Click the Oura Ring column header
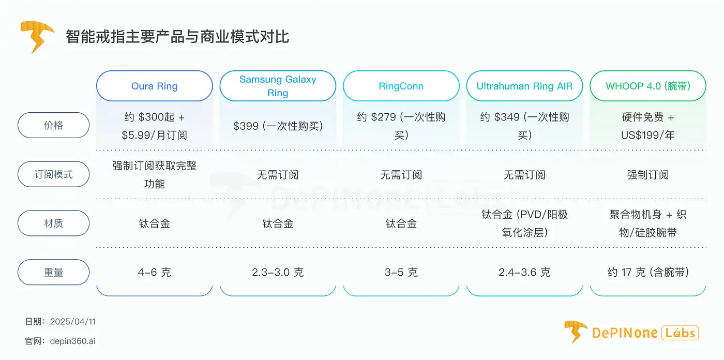pos(154,86)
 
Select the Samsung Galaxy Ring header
pos(278,86)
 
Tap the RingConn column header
pos(401,86)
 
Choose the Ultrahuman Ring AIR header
pos(524,86)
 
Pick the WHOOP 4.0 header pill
pos(647,86)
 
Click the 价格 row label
pos(53,125)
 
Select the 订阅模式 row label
pos(53,174)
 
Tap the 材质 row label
pos(53,223)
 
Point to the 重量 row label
pos(53,272)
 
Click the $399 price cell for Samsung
pos(278,126)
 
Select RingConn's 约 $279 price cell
pos(401,126)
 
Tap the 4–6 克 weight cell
pos(154,272)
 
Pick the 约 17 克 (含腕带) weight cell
pos(647,272)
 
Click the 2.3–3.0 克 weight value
pos(278,272)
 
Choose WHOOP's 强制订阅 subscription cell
pos(647,175)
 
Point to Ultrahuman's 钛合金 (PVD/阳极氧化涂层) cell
pos(524,223)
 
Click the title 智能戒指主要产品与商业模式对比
pos(177,37)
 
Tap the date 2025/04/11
pos(73,322)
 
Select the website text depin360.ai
pos(73,341)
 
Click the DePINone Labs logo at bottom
pos(631,332)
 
